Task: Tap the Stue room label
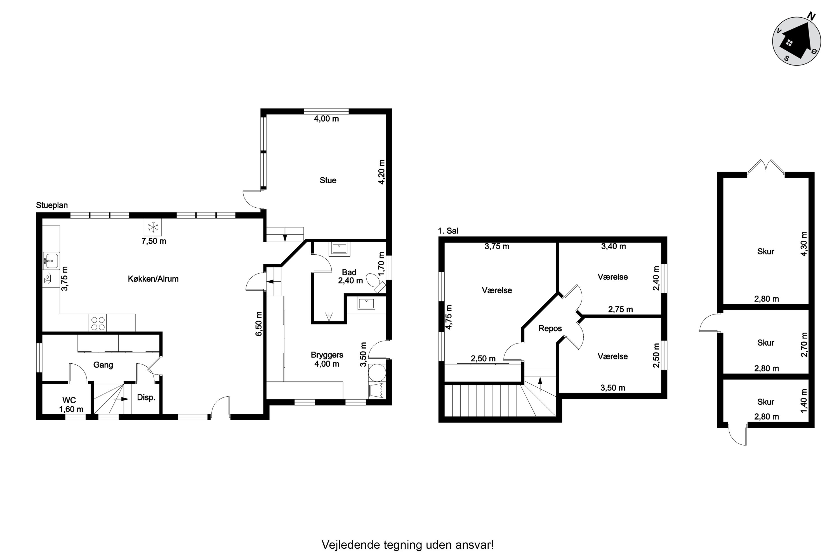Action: point(328,180)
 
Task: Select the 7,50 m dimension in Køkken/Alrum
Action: point(154,241)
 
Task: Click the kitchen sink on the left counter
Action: point(51,260)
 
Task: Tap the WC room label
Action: point(69,400)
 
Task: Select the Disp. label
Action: point(146,397)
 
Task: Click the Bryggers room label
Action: point(327,355)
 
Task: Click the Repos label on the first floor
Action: point(550,328)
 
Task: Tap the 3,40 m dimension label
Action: point(613,246)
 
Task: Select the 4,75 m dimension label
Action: point(449,317)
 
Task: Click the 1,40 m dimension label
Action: point(804,401)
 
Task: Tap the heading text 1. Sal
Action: point(448,231)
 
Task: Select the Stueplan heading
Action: point(52,205)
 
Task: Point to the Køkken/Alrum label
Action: point(153,279)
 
